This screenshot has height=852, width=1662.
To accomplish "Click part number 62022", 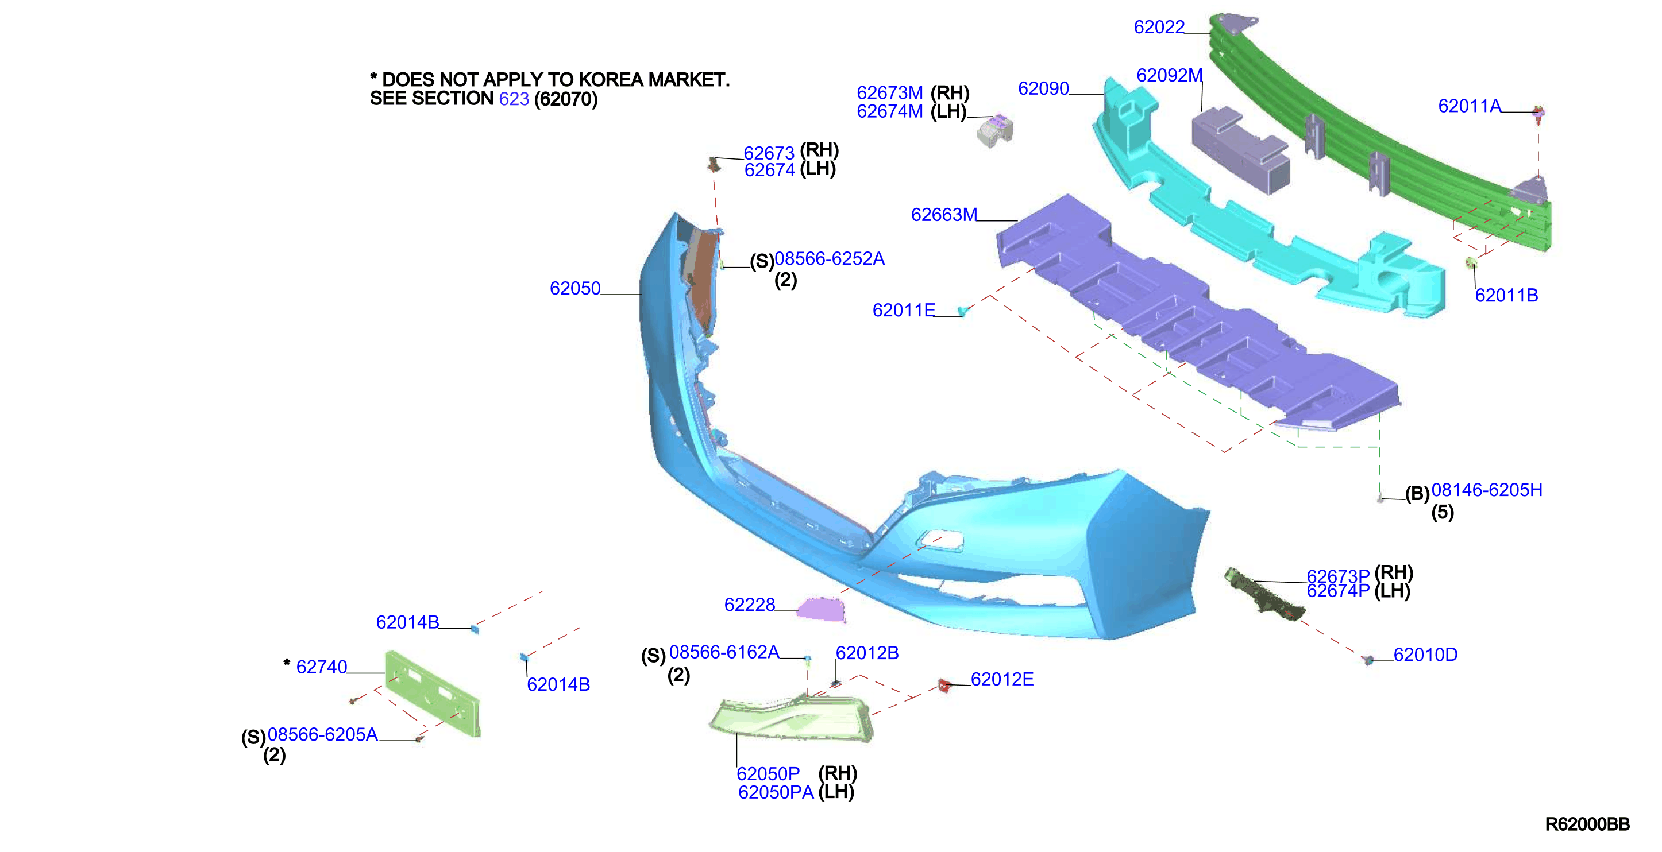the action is [x=1159, y=27].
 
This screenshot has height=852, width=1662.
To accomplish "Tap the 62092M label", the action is [x=1169, y=75].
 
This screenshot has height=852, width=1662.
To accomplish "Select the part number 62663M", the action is [x=944, y=214].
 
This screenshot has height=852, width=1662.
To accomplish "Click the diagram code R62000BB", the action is [x=1587, y=824].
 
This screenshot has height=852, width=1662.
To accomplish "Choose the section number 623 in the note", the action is [x=514, y=99].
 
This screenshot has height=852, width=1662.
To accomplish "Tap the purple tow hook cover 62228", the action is [x=822, y=610].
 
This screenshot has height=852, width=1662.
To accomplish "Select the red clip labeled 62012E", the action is [x=944, y=686].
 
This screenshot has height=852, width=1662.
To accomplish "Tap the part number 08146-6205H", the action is [x=1487, y=490].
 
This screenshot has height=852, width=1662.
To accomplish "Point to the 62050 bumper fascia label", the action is [x=575, y=288].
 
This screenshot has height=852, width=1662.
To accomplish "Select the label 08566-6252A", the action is [x=829, y=258].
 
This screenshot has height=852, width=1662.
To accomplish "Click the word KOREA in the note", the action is [x=613, y=79].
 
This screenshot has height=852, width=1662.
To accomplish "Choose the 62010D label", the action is [x=1425, y=654].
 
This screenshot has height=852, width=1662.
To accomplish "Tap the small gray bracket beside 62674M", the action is [x=995, y=130].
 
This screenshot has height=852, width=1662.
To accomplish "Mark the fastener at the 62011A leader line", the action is [x=1538, y=115].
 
